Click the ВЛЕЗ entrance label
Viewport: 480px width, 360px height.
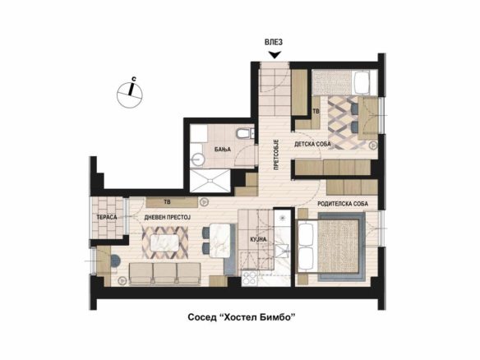pyautogui.click(x=274, y=42)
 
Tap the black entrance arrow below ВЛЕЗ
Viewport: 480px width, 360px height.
pyautogui.click(x=275, y=55)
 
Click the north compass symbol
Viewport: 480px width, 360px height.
pyautogui.click(x=130, y=94)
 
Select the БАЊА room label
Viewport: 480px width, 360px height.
pyautogui.click(x=223, y=150)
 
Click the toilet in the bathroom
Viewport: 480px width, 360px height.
pyautogui.click(x=244, y=133)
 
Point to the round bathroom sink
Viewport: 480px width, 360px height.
pyautogui.click(x=198, y=159)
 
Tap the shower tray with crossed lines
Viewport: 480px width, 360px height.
pyautogui.click(x=210, y=181)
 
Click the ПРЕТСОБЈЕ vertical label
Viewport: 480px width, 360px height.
pyautogui.click(x=276, y=155)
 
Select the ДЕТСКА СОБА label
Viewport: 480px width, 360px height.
pyautogui.click(x=312, y=144)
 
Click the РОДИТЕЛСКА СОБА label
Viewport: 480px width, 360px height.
pyautogui.click(x=343, y=204)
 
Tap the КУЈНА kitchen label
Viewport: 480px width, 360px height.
pyautogui.click(x=259, y=239)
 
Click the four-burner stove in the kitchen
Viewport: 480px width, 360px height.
pyautogui.click(x=250, y=279)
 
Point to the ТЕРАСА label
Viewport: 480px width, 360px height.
pyautogui.click(x=107, y=217)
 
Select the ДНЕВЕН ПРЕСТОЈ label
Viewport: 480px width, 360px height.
pyautogui.click(x=168, y=217)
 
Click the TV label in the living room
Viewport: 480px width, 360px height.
pyautogui.click(x=167, y=202)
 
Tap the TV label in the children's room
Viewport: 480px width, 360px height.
pyautogui.click(x=316, y=111)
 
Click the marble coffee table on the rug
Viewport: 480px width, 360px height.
pyautogui.click(x=164, y=243)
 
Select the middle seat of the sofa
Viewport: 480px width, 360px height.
pyautogui.click(x=164, y=274)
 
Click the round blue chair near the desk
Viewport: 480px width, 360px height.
pyautogui.click(x=115, y=261)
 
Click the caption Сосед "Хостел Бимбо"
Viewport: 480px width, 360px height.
pyautogui.click(x=242, y=317)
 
